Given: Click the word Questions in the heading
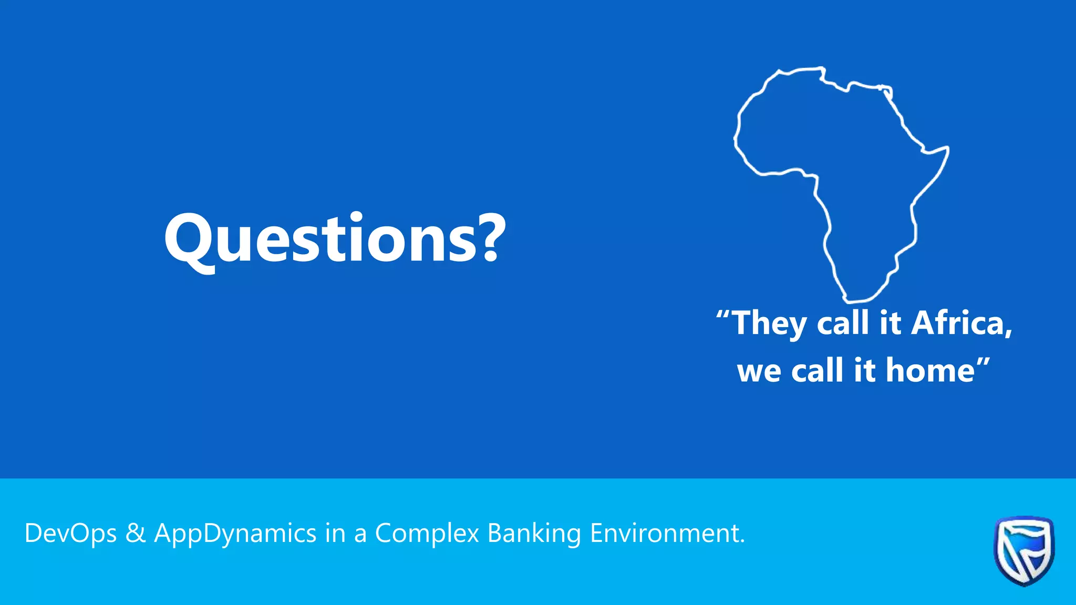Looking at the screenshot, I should coord(320,239).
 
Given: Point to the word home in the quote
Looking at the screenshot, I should coord(930,370).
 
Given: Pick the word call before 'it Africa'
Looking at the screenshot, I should coord(843,322).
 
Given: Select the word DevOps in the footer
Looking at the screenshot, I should coord(70,534).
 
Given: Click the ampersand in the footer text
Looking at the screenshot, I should coord(136,533).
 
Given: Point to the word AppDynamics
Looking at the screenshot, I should coord(235,534).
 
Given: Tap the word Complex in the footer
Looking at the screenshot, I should coord(427,534).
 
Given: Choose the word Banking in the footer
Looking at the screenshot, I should coord(534,534).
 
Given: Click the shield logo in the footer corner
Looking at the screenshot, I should coord(1023,550).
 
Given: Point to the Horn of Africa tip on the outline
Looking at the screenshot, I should coord(948,148).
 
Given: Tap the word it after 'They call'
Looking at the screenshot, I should coord(891,322).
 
